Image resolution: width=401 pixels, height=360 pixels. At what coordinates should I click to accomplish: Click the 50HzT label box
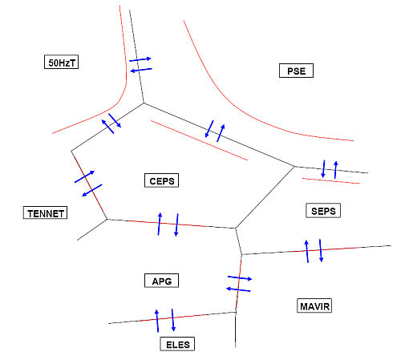(61, 62)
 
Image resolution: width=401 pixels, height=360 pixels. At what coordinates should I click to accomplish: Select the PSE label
(296, 71)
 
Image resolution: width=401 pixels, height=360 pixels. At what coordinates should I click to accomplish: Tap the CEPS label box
(161, 180)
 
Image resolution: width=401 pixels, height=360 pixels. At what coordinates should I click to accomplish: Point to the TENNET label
(45, 212)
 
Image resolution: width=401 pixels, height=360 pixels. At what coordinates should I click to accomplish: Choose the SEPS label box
(323, 211)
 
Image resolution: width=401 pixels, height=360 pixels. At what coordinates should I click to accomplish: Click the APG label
(161, 281)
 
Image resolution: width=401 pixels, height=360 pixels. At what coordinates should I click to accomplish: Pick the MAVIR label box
(314, 305)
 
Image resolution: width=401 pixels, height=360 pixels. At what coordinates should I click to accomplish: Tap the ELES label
(177, 344)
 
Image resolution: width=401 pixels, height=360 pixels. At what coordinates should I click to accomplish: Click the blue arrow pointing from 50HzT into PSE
(140, 59)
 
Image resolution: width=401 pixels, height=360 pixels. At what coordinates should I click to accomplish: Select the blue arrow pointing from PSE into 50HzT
(141, 70)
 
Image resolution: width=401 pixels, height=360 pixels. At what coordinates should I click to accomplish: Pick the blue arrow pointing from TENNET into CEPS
(84, 176)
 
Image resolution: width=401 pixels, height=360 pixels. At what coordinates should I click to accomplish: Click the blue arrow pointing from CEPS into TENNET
(91, 190)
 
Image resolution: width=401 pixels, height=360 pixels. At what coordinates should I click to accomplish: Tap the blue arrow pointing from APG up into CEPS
(160, 224)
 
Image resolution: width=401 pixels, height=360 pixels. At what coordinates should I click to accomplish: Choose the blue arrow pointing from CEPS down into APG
(176, 224)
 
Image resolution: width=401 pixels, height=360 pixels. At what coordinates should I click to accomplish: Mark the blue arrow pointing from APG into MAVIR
(240, 278)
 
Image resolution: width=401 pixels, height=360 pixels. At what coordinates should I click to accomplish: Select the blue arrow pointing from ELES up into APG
(157, 321)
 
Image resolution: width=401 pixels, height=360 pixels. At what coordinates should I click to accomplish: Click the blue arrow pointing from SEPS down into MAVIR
(321, 250)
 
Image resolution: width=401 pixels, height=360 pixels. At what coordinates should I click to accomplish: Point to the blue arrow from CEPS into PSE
(221, 133)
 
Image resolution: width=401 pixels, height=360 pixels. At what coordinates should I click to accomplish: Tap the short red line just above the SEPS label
(331, 181)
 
